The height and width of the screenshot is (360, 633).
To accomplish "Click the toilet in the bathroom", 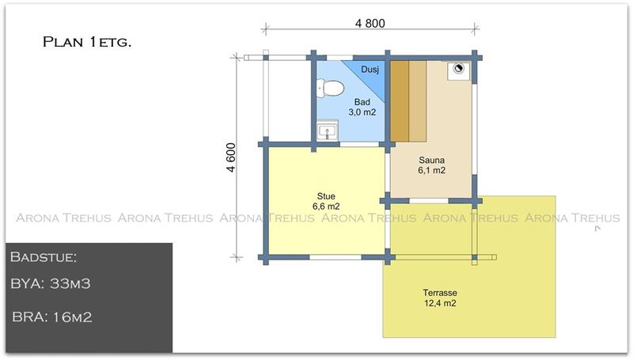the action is point(329,88).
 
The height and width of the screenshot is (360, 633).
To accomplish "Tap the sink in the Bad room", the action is point(327,131).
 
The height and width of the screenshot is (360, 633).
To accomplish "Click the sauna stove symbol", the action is point(458,69).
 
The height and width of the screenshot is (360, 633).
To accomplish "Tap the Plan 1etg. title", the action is point(87,42).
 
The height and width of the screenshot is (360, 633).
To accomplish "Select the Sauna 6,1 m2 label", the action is point(431,165).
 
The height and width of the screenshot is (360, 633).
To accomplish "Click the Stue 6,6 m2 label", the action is point(326,201).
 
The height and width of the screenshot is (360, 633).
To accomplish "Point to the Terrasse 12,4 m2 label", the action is point(440,297).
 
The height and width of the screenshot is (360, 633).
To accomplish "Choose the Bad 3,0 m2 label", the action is point(362,107).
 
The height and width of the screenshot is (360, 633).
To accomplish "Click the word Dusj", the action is point(370,70).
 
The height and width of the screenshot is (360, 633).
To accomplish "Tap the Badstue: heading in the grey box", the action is point(44,257).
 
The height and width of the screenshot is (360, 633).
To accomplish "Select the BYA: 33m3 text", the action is point(51,283).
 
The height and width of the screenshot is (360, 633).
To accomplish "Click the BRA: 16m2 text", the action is point(52,316).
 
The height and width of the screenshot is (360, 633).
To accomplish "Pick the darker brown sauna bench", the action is point(400,101).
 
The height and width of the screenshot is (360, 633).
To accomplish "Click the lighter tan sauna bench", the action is point(418,101).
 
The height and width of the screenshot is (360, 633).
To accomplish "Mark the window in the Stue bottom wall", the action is point(335,257).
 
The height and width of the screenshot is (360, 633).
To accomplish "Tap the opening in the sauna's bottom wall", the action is point(429,201).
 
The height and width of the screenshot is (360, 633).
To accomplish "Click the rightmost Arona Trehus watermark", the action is point(572,218).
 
